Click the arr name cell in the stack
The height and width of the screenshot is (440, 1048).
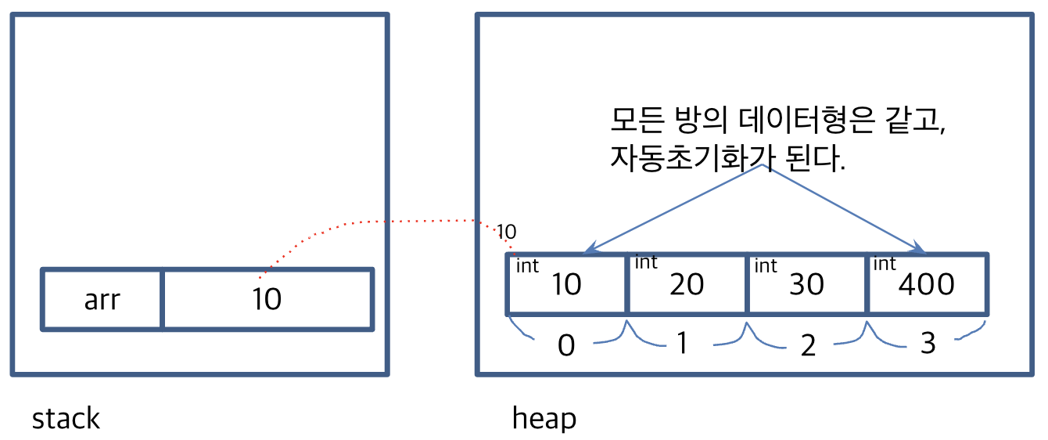(x=102, y=299)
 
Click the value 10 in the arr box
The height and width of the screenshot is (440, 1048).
(x=267, y=299)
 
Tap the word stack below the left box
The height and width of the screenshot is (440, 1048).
(x=66, y=419)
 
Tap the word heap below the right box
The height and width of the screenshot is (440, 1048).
(x=544, y=419)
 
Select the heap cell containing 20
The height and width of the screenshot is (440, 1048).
(x=687, y=283)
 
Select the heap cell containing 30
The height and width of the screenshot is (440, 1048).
(x=808, y=283)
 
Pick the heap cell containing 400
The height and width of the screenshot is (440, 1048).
(x=928, y=283)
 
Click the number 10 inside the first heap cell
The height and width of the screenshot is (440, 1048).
(x=566, y=285)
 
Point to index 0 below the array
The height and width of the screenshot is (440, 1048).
(x=565, y=345)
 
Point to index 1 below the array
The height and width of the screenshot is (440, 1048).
(x=683, y=343)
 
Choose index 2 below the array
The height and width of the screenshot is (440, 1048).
(x=808, y=345)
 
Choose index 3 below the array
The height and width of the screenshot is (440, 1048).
(x=928, y=343)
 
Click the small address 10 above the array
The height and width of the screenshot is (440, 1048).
(x=506, y=232)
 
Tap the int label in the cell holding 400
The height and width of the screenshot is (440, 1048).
(x=885, y=264)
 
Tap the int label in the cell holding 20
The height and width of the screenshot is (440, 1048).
(x=645, y=262)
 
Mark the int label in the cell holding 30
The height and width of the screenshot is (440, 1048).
(x=765, y=266)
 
